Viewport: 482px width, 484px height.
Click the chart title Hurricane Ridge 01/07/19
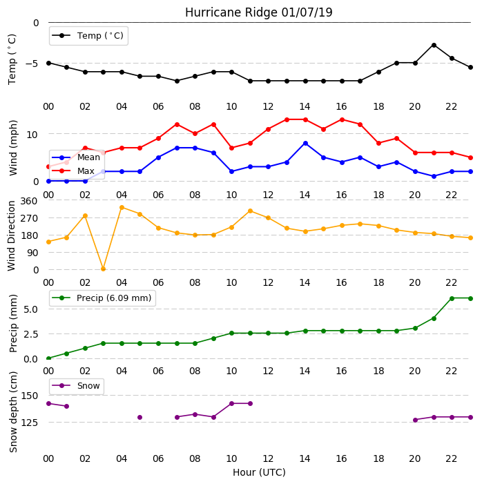[x=258, y=12]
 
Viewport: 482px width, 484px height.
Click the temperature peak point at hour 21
[x=434, y=46]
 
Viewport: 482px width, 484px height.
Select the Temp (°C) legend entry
[x=88, y=36]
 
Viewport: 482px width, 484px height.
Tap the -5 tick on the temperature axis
[x=32, y=64]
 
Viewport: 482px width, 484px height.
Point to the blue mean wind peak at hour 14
[x=305, y=144]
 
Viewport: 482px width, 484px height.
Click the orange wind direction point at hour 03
[x=103, y=269]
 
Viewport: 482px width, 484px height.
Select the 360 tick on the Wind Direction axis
[x=29, y=201]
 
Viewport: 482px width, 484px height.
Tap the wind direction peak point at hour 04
[x=122, y=208]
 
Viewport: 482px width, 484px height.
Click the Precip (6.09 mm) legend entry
[x=102, y=298]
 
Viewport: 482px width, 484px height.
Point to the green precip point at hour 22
[x=452, y=298]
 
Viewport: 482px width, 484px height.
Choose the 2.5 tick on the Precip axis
[x=30, y=334]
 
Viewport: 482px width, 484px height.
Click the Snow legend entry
[x=76, y=386]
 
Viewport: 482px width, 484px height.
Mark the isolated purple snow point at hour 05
[x=139, y=417]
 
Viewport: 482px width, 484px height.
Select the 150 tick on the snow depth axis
[x=29, y=396]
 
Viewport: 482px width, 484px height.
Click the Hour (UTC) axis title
[x=259, y=472]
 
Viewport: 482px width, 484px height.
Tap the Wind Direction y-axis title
[x=11, y=236]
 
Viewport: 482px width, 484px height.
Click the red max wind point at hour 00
[x=48, y=166]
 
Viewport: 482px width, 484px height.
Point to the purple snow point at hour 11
[x=250, y=403]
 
